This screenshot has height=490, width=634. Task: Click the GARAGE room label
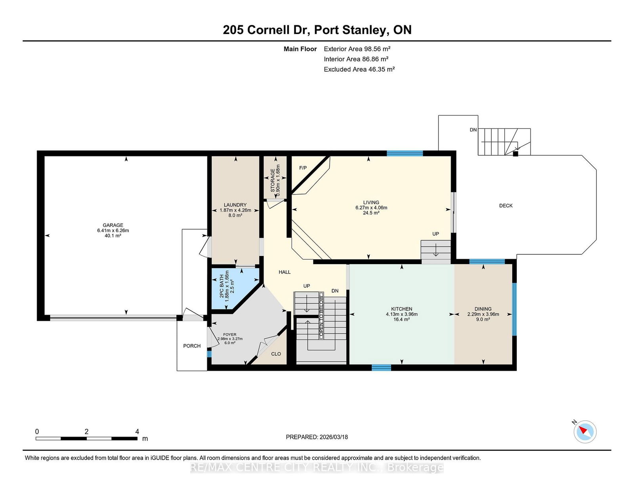113,225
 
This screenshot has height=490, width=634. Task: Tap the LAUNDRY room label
235,205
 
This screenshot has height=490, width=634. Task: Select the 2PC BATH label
222,286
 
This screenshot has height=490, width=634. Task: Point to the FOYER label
229,335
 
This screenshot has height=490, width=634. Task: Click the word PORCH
192,346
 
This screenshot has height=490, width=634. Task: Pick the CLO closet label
276,354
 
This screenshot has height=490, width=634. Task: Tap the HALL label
285,272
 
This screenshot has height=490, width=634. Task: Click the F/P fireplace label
303,168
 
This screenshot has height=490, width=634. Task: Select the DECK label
506,206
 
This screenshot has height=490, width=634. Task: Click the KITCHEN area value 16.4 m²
401,319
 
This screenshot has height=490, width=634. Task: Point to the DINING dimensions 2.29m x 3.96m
483,314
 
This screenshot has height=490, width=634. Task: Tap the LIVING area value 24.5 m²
371,213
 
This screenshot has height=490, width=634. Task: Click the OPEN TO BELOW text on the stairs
321,316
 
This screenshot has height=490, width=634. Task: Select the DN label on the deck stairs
473,130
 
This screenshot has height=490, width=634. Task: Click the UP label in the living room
435,234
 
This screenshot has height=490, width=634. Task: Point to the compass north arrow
582,430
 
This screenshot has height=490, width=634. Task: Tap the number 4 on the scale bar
137,431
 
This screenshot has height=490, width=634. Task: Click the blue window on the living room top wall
405,153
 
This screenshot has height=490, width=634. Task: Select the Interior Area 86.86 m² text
356,59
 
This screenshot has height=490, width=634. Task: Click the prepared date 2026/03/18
334,437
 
